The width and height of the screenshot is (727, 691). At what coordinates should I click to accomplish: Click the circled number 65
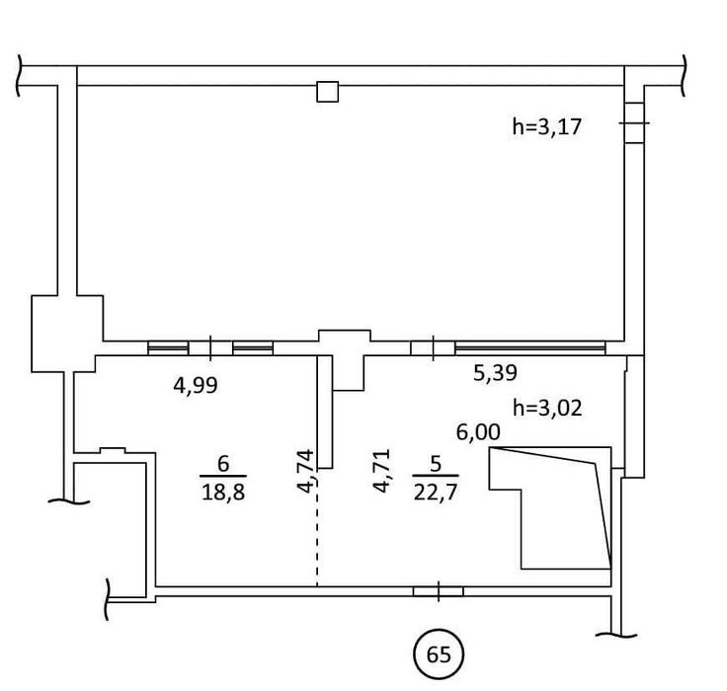[x=439, y=654]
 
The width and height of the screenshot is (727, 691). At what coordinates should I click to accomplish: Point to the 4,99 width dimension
[x=195, y=386]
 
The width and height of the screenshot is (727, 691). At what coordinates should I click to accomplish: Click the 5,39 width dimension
[x=496, y=372]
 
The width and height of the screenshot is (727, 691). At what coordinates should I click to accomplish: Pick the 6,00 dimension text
[x=477, y=430]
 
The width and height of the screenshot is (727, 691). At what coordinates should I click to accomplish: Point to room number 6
[x=222, y=463]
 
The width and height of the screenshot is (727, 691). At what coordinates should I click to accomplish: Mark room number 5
[x=436, y=461]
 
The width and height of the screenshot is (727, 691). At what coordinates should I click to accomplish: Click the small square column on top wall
[x=327, y=92]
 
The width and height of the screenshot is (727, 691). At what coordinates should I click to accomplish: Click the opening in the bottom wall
[x=438, y=591]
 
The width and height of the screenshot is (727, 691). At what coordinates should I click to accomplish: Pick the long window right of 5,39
[x=529, y=346]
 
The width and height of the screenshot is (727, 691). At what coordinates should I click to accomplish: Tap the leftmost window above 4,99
[x=167, y=347]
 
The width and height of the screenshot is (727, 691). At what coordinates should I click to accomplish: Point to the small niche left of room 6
[x=115, y=452]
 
